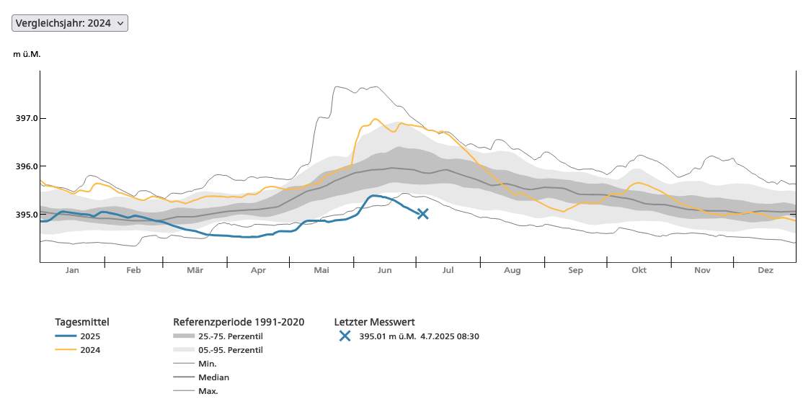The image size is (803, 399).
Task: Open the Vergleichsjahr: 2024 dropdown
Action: [70, 23]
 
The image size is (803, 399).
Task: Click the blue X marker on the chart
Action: [422, 213]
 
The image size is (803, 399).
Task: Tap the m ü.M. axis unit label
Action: [27, 55]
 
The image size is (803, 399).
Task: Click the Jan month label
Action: [72, 270]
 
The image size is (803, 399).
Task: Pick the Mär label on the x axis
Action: [195, 270]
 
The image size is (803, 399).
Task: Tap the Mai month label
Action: [321, 270]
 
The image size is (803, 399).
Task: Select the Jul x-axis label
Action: [448, 270]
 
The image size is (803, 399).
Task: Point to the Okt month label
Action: [639, 270]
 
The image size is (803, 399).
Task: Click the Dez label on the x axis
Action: [766, 270]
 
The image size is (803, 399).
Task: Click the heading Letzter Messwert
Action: [374, 322]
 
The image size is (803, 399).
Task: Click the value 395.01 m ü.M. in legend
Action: [387, 336]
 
